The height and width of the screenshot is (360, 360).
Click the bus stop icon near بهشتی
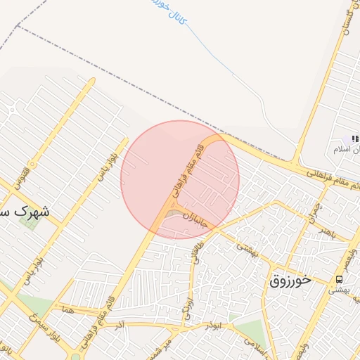340,279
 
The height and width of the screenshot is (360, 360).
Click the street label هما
67,308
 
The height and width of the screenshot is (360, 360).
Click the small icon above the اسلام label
353,138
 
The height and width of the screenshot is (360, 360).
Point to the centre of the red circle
180,179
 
